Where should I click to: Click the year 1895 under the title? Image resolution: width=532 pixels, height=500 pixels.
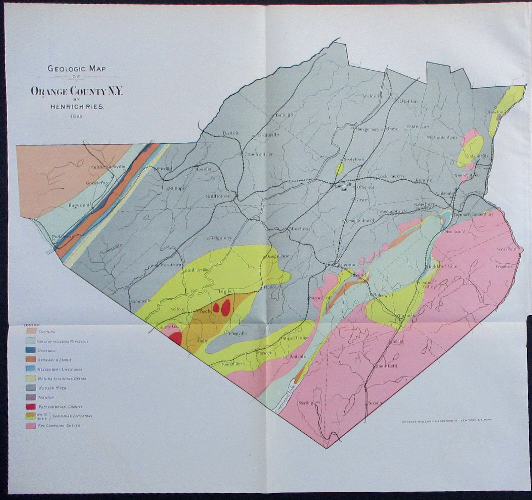[76, 116]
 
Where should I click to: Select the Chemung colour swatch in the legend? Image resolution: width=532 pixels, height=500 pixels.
[31, 331]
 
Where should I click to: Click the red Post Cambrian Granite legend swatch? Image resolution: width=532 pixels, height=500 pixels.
[31, 407]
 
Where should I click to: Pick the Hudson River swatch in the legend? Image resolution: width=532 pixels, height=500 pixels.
[31, 388]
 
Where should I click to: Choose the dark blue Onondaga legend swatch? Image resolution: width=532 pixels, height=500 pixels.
[31, 350]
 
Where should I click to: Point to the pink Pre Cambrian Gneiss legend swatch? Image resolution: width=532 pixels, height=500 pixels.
[31, 426]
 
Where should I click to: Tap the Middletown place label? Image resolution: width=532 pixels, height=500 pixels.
[218, 196]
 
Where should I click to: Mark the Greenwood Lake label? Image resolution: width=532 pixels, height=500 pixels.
[285, 395]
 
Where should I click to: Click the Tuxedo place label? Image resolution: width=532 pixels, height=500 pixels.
[375, 403]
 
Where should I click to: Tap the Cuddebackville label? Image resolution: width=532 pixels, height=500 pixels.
[108, 167]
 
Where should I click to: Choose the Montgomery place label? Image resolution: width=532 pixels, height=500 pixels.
[367, 129]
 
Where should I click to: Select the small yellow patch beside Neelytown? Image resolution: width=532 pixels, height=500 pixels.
[339, 168]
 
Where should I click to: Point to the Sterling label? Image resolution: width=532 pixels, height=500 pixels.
[305, 403]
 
